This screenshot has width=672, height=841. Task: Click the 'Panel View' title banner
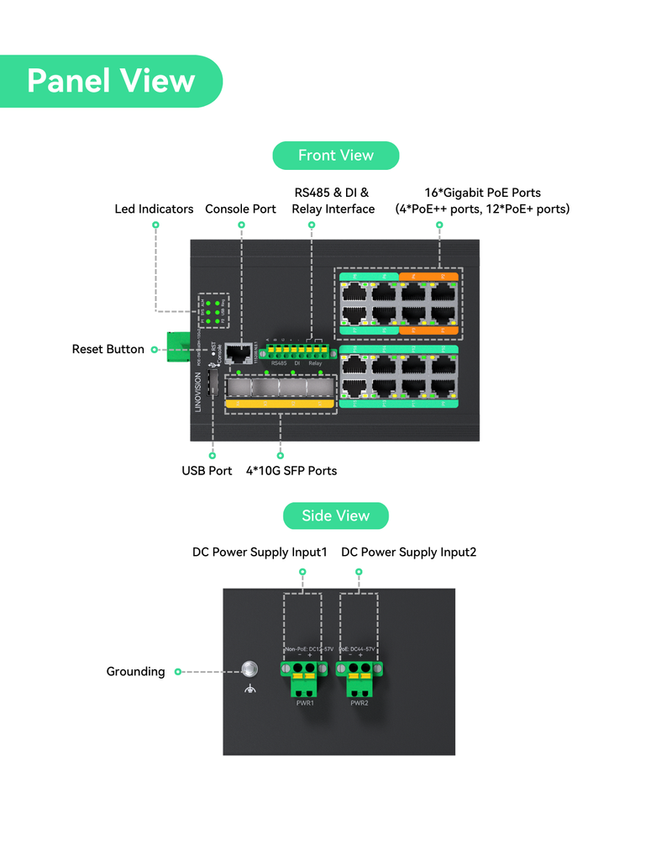pos(111,81)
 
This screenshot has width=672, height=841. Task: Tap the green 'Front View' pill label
pos(335,156)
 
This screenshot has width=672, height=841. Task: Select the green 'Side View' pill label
pos(335,516)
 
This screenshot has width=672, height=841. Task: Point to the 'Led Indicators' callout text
pos(154,209)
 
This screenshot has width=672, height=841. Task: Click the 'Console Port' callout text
pos(240,209)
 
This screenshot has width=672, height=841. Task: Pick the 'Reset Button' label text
pos(108,349)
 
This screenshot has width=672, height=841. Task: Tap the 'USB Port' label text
pos(207,470)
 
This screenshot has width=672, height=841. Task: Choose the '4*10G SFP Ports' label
pos(291,470)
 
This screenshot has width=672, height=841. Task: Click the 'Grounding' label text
pos(135,671)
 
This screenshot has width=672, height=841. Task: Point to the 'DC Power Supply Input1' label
pos(260,552)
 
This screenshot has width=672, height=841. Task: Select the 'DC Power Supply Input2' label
pos(408,552)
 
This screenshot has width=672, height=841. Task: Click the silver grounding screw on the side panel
pos(249,669)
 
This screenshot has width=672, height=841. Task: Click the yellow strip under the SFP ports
pos(278,405)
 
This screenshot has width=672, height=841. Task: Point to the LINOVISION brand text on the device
pos(198,392)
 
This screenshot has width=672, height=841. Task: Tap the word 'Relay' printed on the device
pos(315,363)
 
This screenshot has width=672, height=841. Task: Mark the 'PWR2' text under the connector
pos(360,703)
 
